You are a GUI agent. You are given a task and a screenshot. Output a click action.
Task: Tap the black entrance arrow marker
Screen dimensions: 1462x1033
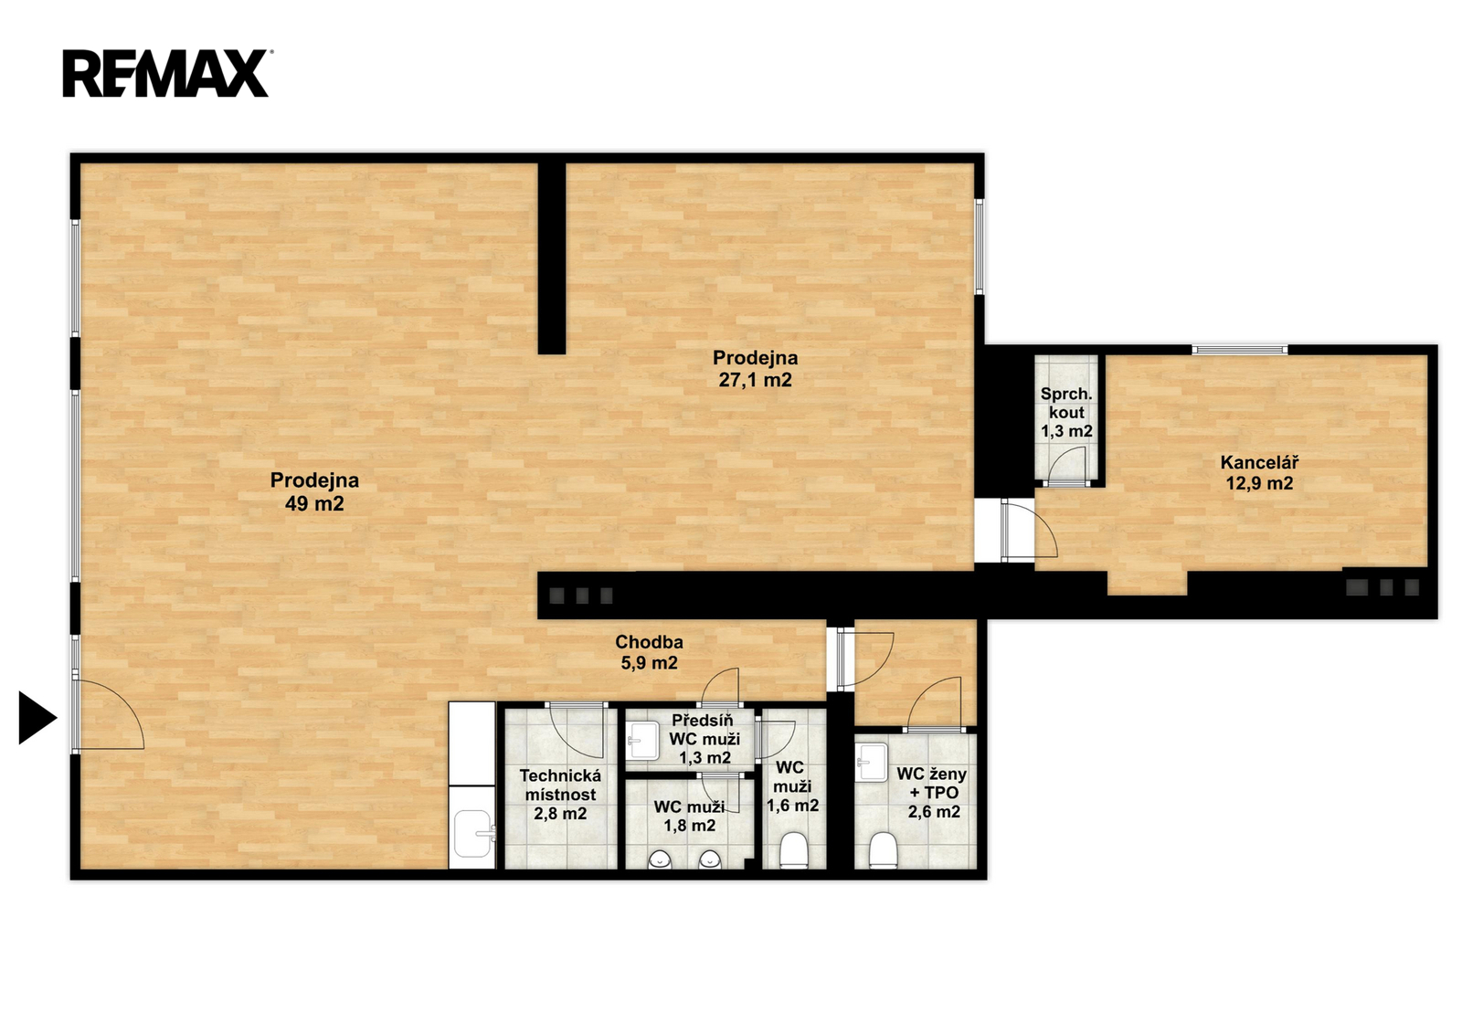(x=37, y=718)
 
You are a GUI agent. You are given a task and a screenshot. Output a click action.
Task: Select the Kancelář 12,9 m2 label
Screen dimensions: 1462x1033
(x=1259, y=472)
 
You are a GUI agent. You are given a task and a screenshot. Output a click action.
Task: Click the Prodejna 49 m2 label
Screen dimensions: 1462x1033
(x=314, y=491)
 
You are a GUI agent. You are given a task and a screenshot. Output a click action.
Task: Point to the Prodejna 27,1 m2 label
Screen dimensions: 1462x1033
(x=755, y=368)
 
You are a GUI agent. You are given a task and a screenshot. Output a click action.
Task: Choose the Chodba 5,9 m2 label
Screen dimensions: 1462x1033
(x=650, y=652)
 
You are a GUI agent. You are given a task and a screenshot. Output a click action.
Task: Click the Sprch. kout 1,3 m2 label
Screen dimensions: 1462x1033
(x=1066, y=413)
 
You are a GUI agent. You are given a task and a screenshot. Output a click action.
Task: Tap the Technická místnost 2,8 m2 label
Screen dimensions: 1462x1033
(x=560, y=795)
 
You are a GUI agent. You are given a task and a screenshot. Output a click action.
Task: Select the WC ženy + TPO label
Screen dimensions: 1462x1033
(x=932, y=793)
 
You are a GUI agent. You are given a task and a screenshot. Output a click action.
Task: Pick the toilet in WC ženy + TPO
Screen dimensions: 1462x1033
(x=883, y=850)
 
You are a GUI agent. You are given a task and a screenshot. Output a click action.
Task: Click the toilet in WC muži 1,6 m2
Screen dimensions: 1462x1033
(x=794, y=850)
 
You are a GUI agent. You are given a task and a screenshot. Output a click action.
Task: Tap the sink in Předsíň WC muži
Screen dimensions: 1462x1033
(x=643, y=742)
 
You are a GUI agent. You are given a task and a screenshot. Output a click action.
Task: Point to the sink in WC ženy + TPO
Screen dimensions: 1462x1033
(x=872, y=762)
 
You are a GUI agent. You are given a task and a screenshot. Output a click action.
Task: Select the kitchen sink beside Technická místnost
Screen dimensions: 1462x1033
(x=474, y=834)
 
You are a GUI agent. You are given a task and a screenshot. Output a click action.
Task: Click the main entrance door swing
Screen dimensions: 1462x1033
(x=109, y=714)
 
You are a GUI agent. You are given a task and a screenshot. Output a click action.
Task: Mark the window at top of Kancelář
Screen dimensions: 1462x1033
(x=1240, y=350)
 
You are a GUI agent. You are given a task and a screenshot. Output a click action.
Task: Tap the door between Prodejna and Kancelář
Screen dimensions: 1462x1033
(x=1030, y=529)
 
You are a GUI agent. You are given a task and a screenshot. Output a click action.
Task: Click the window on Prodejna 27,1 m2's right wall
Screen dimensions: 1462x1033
(x=979, y=246)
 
